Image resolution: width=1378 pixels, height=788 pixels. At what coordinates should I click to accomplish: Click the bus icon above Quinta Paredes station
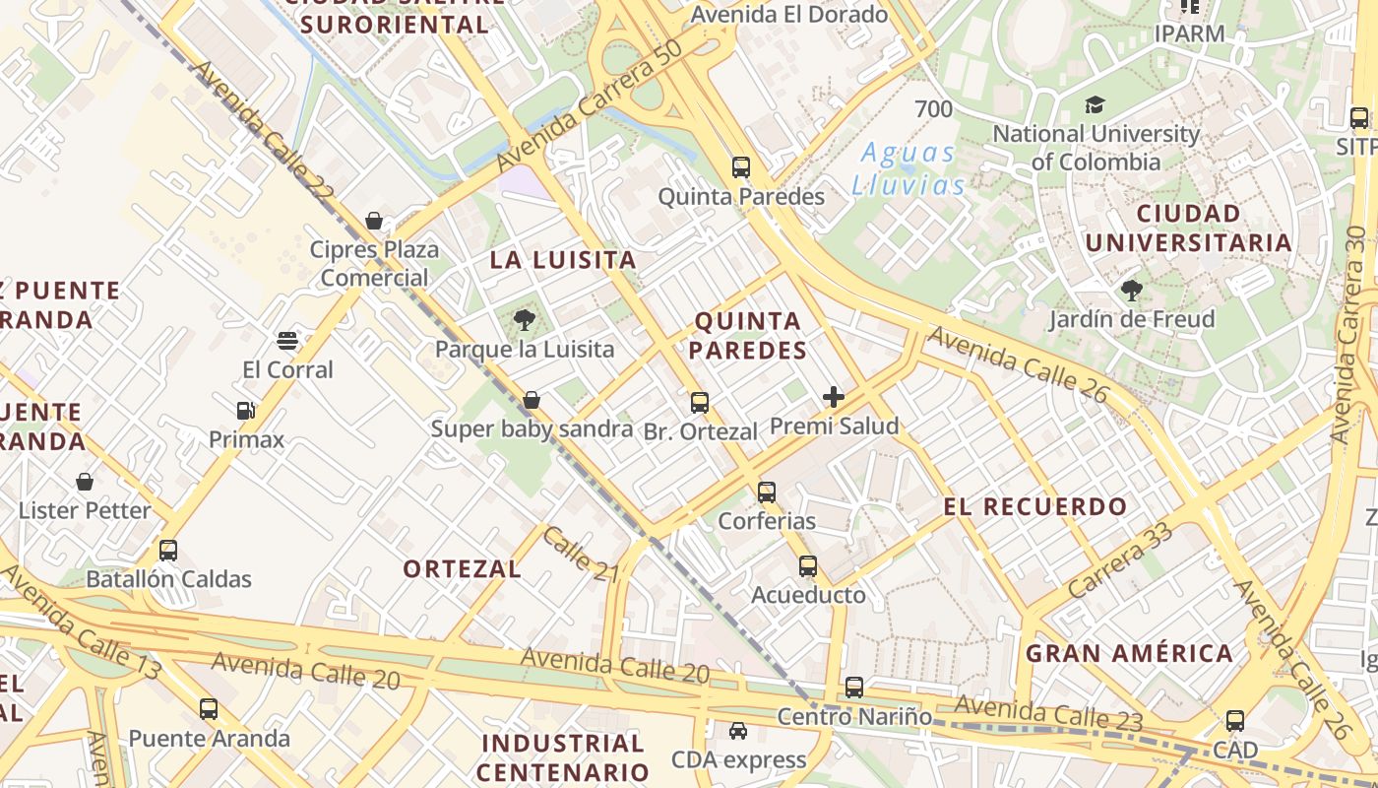(x=741, y=167)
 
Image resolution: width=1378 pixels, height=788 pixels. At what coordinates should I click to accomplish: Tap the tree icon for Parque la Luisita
(x=524, y=319)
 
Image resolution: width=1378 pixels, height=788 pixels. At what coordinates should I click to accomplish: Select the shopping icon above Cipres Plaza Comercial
(x=374, y=220)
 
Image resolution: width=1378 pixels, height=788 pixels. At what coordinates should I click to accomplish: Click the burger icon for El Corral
(x=287, y=341)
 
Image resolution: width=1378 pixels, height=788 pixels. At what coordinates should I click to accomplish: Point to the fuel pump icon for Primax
(x=245, y=410)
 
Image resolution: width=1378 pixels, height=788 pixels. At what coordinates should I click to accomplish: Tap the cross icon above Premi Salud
(x=834, y=397)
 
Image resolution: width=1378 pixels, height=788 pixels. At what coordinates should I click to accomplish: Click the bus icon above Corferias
(x=767, y=492)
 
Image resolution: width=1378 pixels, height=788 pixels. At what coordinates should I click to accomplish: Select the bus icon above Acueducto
(x=808, y=566)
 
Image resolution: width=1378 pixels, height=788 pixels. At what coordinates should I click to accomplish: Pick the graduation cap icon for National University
(x=1096, y=104)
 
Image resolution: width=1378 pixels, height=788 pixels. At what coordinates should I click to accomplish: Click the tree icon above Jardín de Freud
(x=1131, y=291)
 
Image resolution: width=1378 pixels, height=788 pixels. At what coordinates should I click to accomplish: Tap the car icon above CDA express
(x=738, y=731)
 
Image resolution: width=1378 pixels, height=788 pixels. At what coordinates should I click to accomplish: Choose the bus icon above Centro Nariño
(x=854, y=688)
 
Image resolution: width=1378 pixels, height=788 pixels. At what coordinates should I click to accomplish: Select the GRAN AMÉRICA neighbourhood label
(x=1129, y=653)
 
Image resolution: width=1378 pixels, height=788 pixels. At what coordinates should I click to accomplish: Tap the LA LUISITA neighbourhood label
(x=563, y=260)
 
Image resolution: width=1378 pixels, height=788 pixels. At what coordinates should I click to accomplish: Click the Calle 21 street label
(x=580, y=554)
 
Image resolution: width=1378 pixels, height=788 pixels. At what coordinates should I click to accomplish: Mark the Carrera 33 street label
(x=1120, y=559)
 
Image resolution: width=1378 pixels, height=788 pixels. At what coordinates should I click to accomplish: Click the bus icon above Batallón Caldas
(x=168, y=551)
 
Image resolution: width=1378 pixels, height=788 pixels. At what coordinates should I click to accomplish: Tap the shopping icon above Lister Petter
(x=85, y=482)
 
